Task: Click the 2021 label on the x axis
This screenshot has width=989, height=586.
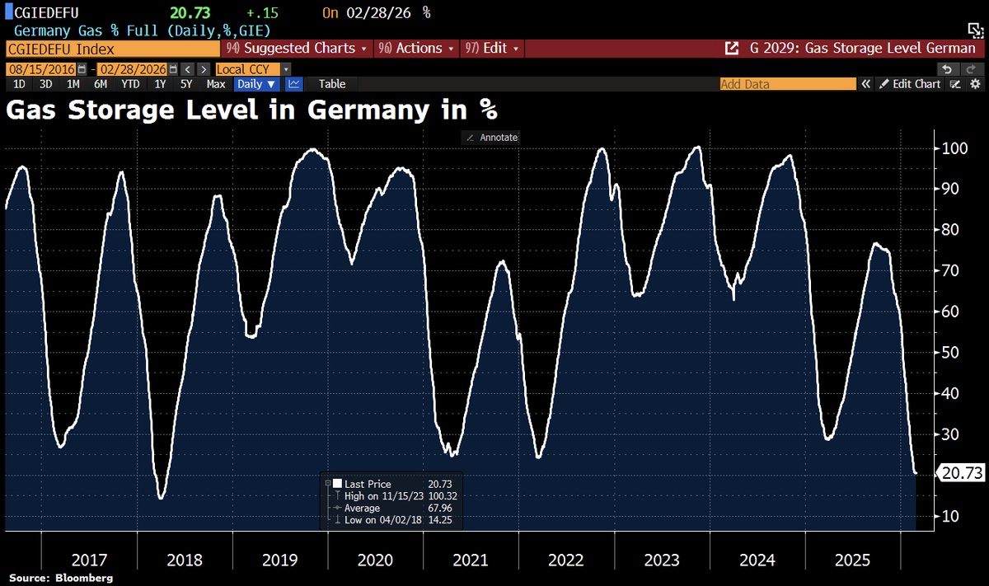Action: pos(471,560)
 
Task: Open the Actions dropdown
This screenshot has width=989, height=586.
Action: pos(417,49)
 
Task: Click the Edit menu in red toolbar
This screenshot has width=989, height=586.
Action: pos(494,49)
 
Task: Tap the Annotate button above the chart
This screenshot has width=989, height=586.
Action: pos(491,138)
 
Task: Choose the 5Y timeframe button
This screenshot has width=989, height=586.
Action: pos(187,84)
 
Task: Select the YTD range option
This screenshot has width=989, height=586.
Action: pos(130,84)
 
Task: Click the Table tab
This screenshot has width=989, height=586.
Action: pos(332,84)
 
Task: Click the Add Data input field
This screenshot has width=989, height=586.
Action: pos(787,84)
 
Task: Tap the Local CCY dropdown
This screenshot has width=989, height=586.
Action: pos(252,70)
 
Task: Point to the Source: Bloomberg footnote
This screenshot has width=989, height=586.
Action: pos(61,579)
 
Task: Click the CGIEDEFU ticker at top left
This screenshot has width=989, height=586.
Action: pos(41,12)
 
